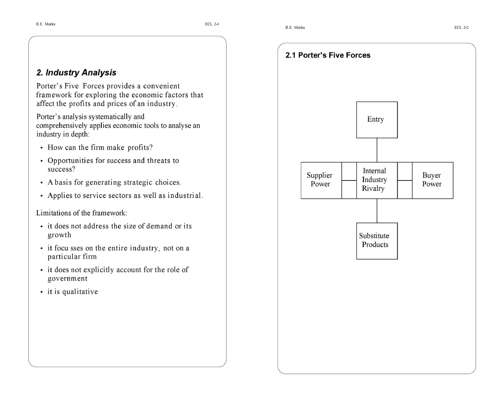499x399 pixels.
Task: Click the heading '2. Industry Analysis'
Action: (x=76, y=72)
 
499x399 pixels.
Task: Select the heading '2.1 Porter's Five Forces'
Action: (x=328, y=55)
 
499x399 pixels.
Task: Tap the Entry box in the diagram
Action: (x=377, y=120)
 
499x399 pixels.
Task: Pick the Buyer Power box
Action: (x=432, y=180)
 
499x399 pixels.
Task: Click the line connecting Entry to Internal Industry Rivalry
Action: (x=377, y=150)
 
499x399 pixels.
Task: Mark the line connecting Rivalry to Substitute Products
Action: (x=377, y=211)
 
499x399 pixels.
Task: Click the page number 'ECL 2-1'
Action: (x=212, y=24)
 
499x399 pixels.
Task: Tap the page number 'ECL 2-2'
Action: (x=462, y=28)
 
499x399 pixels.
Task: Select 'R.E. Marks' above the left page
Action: (x=46, y=24)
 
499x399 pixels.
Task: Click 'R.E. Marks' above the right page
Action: (x=295, y=28)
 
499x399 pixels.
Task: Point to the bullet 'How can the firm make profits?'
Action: (x=100, y=148)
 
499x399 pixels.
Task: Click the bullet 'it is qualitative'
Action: (x=73, y=292)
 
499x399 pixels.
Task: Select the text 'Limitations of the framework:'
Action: (x=81, y=213)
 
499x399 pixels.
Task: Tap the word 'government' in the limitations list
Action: (x=67, y=279)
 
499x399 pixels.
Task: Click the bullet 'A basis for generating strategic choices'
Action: (x=114, y=182)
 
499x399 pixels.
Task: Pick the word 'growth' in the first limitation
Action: (x=59, y=235)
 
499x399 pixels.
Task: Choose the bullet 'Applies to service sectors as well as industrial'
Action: (x=125, y=196)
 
